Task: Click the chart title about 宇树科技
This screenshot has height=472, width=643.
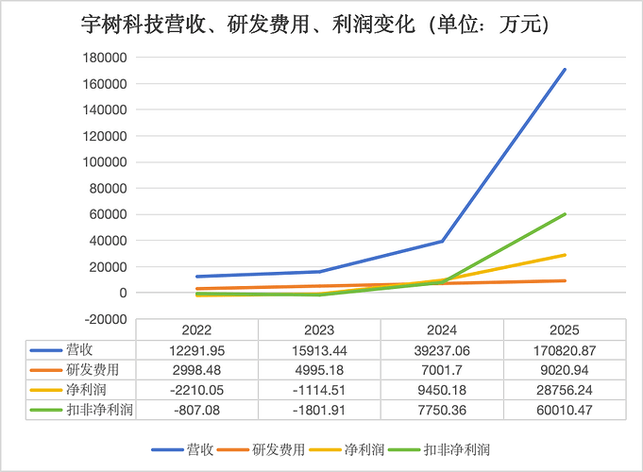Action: pyautogui.click(x=314, y=25)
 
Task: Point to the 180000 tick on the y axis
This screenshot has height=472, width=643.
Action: pyautogui.click(x=105, y=58)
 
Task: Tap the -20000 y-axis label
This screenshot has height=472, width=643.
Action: pyautogui.click(x=106, y=319)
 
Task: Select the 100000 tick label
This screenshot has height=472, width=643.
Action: pyautogui.click(x=105, y=162)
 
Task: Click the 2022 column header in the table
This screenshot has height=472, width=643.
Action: pyautogui.click(x=196, y=330)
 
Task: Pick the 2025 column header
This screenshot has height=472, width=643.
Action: pyautogui.click(x=565, y=330)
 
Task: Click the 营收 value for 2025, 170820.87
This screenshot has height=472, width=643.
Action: pyautogui.click(x=565, y=350)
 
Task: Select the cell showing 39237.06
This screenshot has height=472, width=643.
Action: pyautogui.click(x=442, y=350)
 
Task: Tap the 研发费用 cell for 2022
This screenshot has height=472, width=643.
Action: pyautogui.click(x=196, y=370)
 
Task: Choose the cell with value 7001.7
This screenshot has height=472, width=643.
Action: pyautogui.click(x=442, y=370)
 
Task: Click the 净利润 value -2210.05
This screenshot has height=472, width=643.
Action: pyautogui.click(x=196, y=390)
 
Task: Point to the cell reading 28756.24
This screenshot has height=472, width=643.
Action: pyautogui.click(x=565, y=390)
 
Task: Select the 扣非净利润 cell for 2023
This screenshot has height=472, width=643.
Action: pyautogui.click(x=319, y=410)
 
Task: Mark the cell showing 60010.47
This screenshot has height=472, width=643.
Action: pyautogui.click(x=565, y=410)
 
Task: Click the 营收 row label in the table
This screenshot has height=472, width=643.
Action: pyautogui.click(x=79, y=350)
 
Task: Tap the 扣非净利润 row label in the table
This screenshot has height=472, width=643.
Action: pyautogui.click(x=100, y=410)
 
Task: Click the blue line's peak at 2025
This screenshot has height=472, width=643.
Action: pyautogui.click(x=565, y=70)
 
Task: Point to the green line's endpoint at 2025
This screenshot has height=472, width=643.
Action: pyautogui.click(x=565, y=214)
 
